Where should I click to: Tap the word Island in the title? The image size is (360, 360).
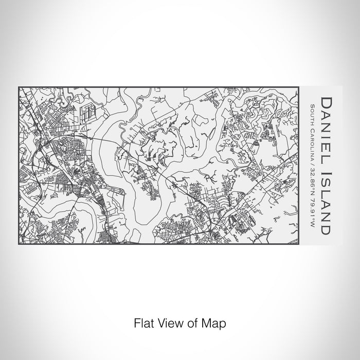point(326,203)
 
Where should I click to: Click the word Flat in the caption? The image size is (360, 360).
point(143,324)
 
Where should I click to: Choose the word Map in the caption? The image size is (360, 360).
point(215,324)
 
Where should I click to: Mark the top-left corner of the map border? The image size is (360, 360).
point(19,87)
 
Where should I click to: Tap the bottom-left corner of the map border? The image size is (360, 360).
point(19,245)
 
